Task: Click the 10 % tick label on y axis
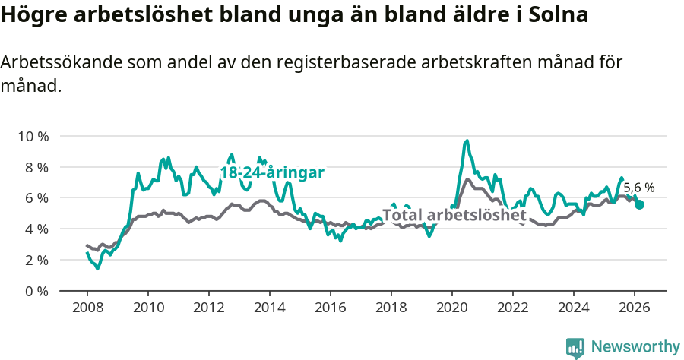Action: [33, 136]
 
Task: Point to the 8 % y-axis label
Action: [36, 167]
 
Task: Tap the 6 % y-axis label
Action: [36, 197]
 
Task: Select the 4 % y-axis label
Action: [36, 229]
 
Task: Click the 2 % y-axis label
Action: [36, 260]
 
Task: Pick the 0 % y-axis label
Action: [36, 291]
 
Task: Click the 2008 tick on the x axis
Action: [87, 307]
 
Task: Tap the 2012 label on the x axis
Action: [208, 307]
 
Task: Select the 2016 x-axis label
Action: [330, 307]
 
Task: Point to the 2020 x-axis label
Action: [451, 307]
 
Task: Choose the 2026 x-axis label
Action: [634, 307]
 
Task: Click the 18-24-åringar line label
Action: [272, 172]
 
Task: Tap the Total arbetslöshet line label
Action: [454, 216]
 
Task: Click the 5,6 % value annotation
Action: [638, 188]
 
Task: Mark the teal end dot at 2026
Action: [640, 204]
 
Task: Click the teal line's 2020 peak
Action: [467, 141]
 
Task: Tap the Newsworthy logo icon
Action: [575, 347]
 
